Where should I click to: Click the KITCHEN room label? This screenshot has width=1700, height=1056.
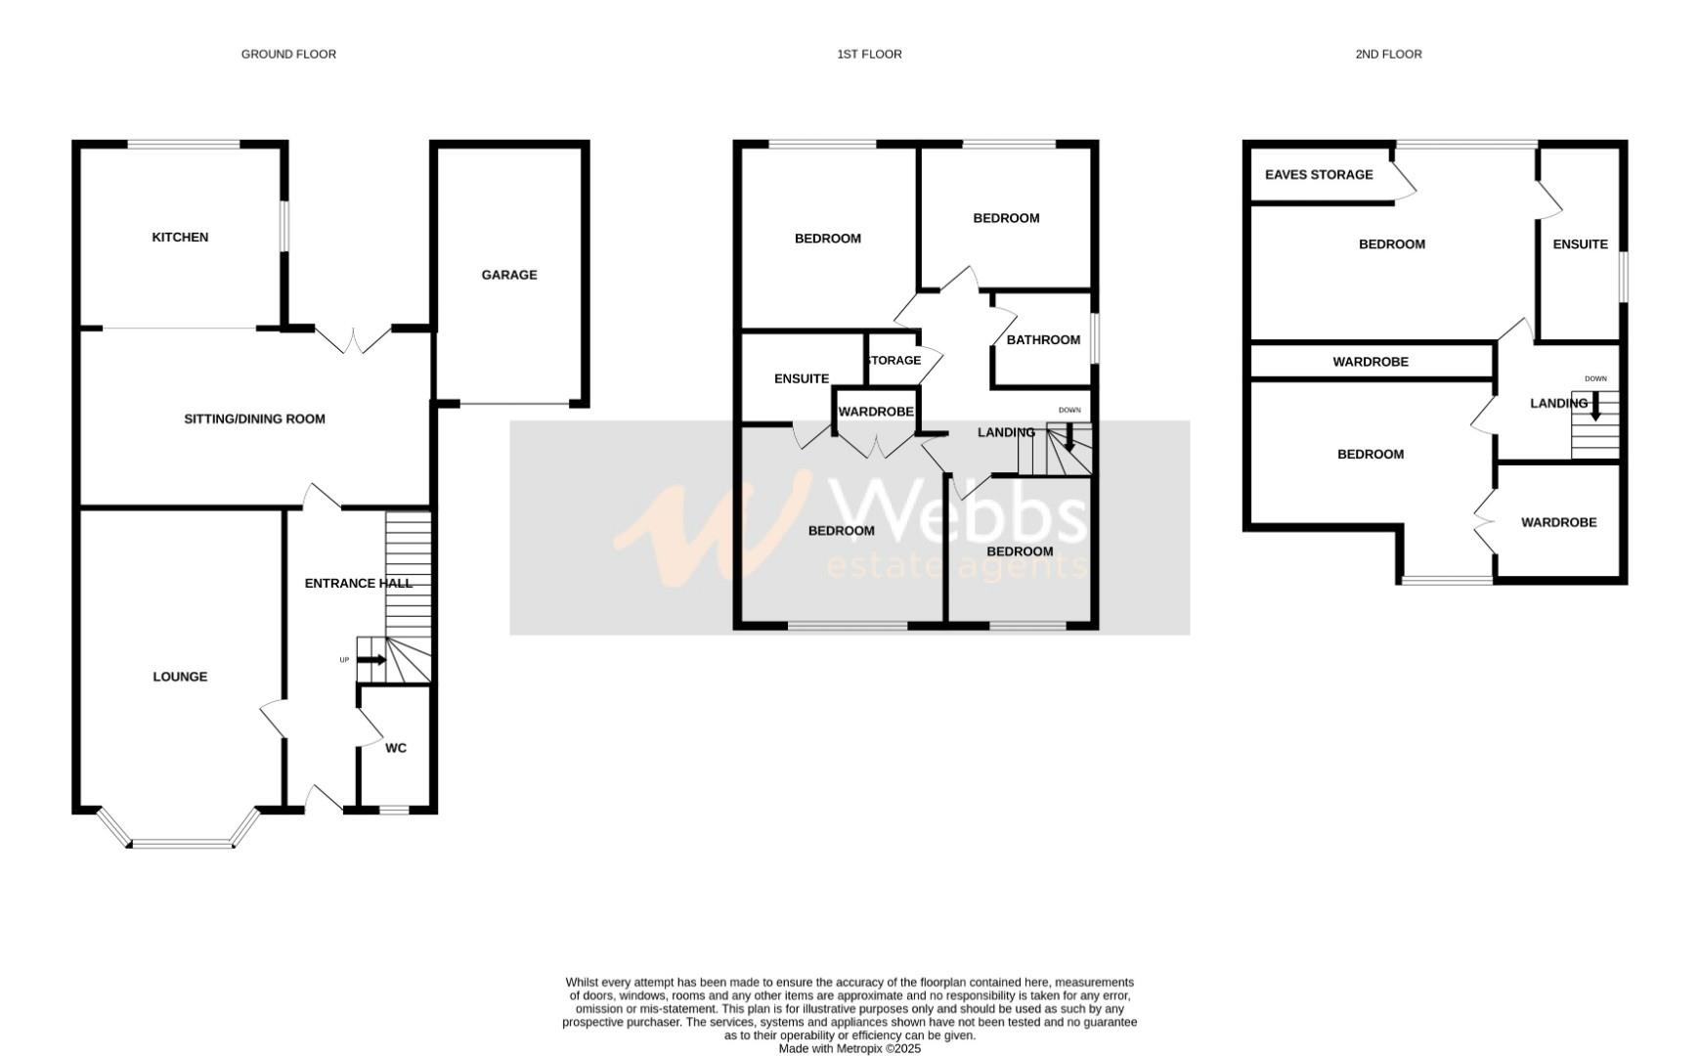pyautogui.click(x=180, y=238)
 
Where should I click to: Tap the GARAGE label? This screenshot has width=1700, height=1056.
pyautogui.click(x=508, y=275)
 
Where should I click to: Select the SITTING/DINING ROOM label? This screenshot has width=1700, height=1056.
pyautogui.click(x=254, y=419)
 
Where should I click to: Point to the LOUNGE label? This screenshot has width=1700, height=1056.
pyautogui.click(x=180, y=677)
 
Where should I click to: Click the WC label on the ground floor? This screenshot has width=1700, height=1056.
pyautogui.click(x=395, y=748)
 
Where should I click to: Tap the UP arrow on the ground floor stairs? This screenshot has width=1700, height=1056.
pyautogui.click(x=371, y=660)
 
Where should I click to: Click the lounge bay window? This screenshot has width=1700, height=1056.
pyautogui.click(x=181, y=843)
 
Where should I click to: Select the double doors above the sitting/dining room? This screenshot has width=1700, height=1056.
pyautogui.click(x=354, y=340)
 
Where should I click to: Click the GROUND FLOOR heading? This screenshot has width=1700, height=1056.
pyautogui.click(x=288, y=55)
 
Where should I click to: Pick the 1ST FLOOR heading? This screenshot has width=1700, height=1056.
pyautogui.click(x=869, y=55)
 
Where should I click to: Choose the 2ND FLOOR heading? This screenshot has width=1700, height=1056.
pyautogui.click(x=1388, y=55)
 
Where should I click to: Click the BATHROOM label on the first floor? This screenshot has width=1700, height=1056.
pyautogui.click(x=1043, y=340)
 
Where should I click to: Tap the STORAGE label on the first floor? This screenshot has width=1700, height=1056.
pyautogui.click(x=894, y=361)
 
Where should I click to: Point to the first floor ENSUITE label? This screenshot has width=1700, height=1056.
pyautogui.click(x=802, y=379)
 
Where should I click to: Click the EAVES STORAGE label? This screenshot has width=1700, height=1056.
pyautogui.click(x=1319, y=175)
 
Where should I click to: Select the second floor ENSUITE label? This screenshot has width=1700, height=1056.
pyautogui.click(x=1580, y=244)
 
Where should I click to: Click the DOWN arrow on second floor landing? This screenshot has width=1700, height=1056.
pyautogui.click(x=1595, y=406)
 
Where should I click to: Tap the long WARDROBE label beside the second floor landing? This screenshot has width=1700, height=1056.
pyautogui.click(x=1371, y=362)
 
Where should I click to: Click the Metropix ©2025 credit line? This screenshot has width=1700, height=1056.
pyautogui.click(x=850, y=1048)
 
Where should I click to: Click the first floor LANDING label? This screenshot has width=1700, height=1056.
pyautogui.click(x=1006, y=432)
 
